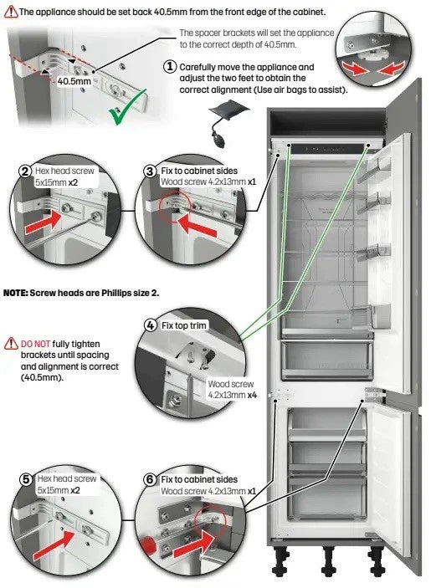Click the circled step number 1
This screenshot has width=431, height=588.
click(170, 66)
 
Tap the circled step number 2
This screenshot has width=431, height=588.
click(25, 171)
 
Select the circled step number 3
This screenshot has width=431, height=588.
click(150, 171)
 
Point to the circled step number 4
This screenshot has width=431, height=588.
click(151, 324)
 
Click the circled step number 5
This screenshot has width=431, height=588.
click(27, 479)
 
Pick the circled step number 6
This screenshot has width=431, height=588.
click(150, 479)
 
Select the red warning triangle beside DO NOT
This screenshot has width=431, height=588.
click(11, 343)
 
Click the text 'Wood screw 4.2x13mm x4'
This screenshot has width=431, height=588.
click(232, 391)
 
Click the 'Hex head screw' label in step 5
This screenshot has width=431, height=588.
click(66, 478)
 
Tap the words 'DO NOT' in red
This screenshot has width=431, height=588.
click(37, 344)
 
